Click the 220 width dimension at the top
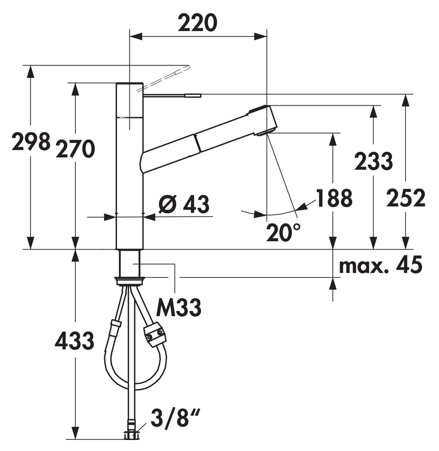(198, 23)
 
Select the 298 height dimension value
(31, 141)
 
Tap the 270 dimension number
(75, 149)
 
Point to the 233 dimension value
(373, 161)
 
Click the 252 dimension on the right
(406, 198)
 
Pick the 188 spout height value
(334, 198)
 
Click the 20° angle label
(283, 233)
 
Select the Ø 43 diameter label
(184, 204)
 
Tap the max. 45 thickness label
(380, 265)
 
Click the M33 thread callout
(178, 307)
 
